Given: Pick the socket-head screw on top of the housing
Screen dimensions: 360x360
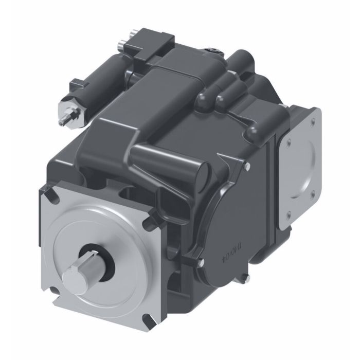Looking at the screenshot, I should click(212, 50).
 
